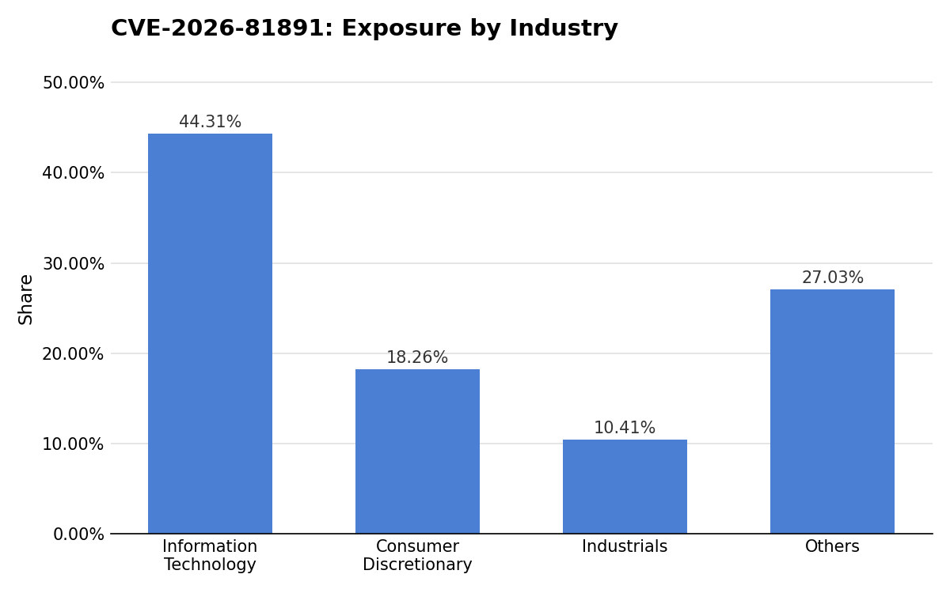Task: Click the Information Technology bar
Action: pyautogui.click(x=210, y=334)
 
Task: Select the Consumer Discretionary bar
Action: pyautogui.click(x=417, y=451)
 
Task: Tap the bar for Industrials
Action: pyautogui.click(x=625, y=486)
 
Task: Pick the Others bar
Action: pyautogui.click(x=832, y=411)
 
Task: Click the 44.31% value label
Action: pyautogui.click(x=210, y=122)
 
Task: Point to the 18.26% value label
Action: pyautogui.click(x=417, y=357)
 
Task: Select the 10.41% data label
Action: pyautogui.click(x=625, y=428)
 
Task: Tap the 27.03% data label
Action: pyautogui.click(x=833, y=278)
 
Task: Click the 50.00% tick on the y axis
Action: pyautogui.click(x=74, y=82)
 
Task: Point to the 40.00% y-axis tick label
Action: pyautogui.click(x=74, y=173)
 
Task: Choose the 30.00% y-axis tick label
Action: pyautogui.click(x=74, y=263)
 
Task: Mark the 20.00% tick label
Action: pyautogui.click(x=74, y=353)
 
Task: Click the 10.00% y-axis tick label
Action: pyautogui.click(x=74, y=444)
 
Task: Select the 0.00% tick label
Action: pyautogui.click(x=78, y=534)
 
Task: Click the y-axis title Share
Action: pyautogui.click(x=25, y=300)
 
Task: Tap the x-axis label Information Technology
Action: pyautogui.click(x=210, y=555)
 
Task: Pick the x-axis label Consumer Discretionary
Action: pyautogui.click(x=417, y=555)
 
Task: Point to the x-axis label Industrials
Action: pyautogui.click(x=625, y=546)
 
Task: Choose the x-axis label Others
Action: pyautogui.click(x=832, y=546)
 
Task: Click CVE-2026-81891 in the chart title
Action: pyautogui.click(x=218, y=28)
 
